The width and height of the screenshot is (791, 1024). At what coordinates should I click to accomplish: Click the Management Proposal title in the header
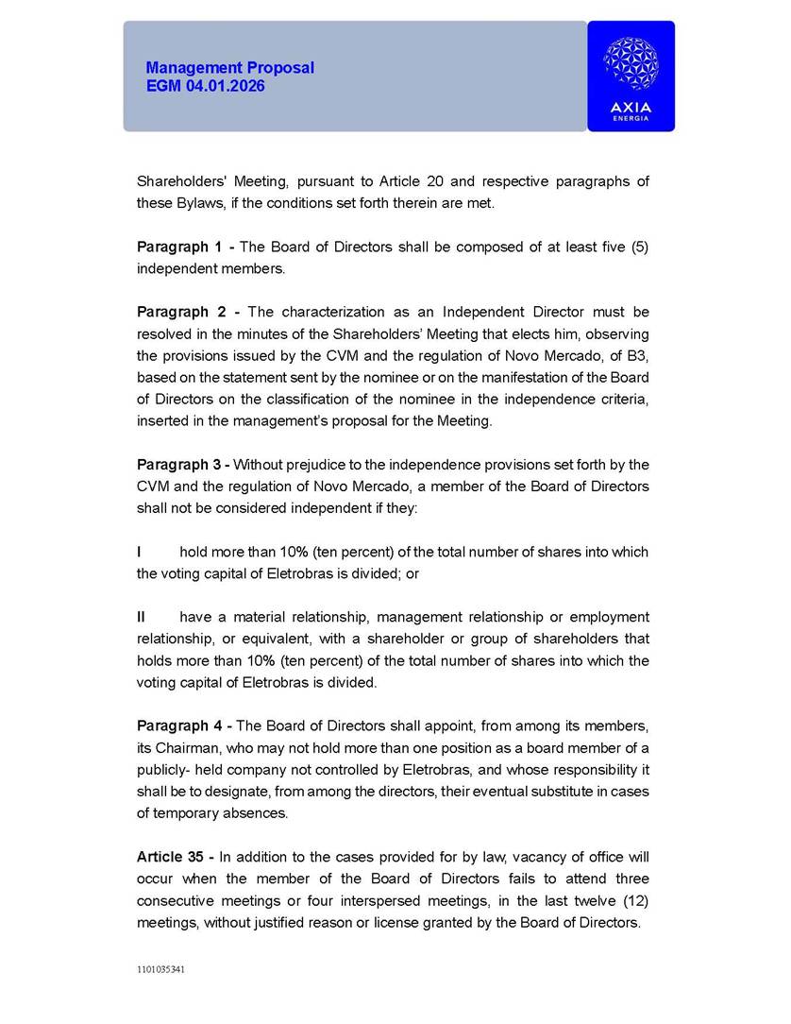[229, 68]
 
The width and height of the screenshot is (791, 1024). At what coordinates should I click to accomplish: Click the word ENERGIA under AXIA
[631, 118]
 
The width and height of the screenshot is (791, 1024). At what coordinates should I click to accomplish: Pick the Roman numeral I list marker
[140, 552]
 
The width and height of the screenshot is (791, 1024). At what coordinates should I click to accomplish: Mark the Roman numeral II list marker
[142, 617]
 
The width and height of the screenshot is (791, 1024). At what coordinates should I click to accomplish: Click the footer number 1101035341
[160, 969]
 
